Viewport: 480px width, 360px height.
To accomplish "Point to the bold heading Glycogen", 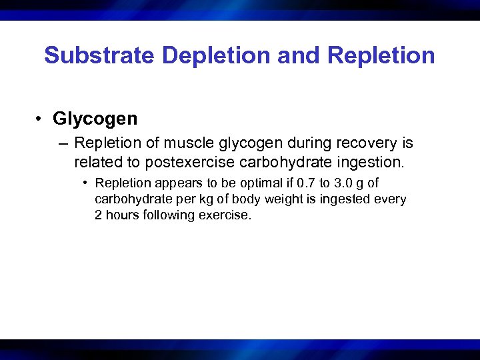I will coord(95,119).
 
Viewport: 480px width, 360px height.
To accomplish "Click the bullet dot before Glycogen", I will coord(41,119).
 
